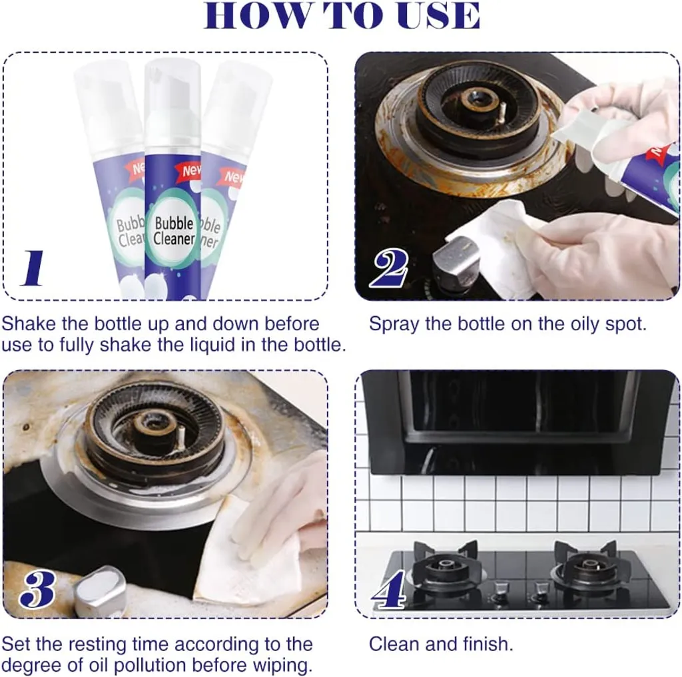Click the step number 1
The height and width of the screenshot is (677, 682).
click(33, 268)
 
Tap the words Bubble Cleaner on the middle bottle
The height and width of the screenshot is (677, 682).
click(174, 231)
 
